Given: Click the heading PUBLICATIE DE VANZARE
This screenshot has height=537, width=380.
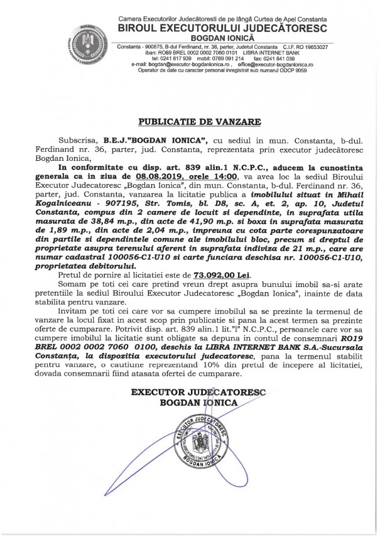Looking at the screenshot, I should click(x=190, y=120).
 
